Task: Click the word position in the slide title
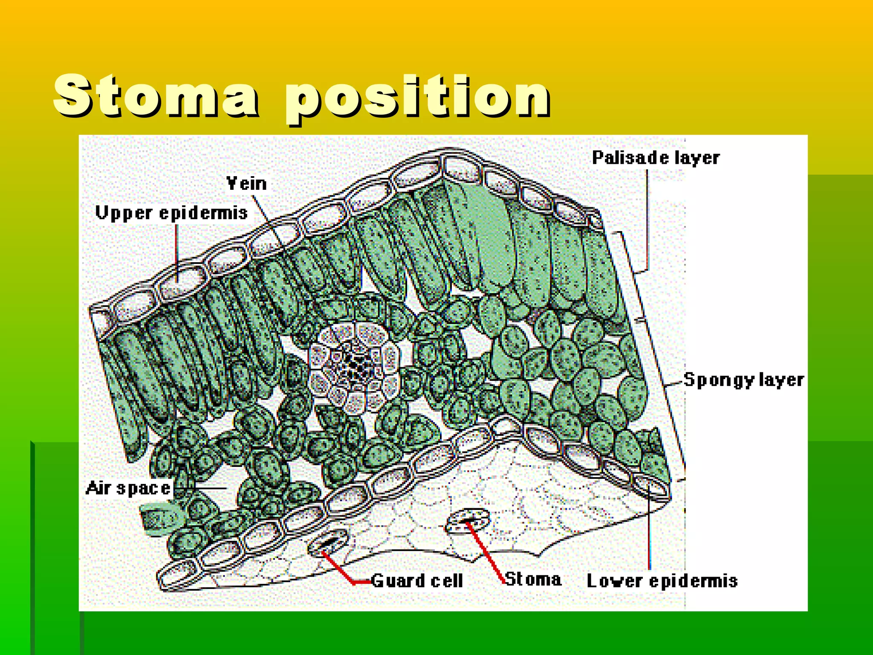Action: tap(418, 97)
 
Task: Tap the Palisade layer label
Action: tap(656, 158)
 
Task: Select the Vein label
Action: tap(246, 183)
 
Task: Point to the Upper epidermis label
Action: tap(171, 212)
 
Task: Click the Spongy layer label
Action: tap(743, 380)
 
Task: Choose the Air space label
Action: tap(128, 488)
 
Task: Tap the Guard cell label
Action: tap(417, 580)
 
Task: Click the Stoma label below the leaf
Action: tap(533, 579)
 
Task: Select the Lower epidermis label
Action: tap(662, 581)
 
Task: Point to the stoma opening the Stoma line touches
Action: tap(468, 520)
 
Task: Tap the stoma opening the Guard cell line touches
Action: tap(327, 543)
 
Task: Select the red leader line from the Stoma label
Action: tap(486, 552)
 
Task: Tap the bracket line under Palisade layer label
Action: tap(647, 222)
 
